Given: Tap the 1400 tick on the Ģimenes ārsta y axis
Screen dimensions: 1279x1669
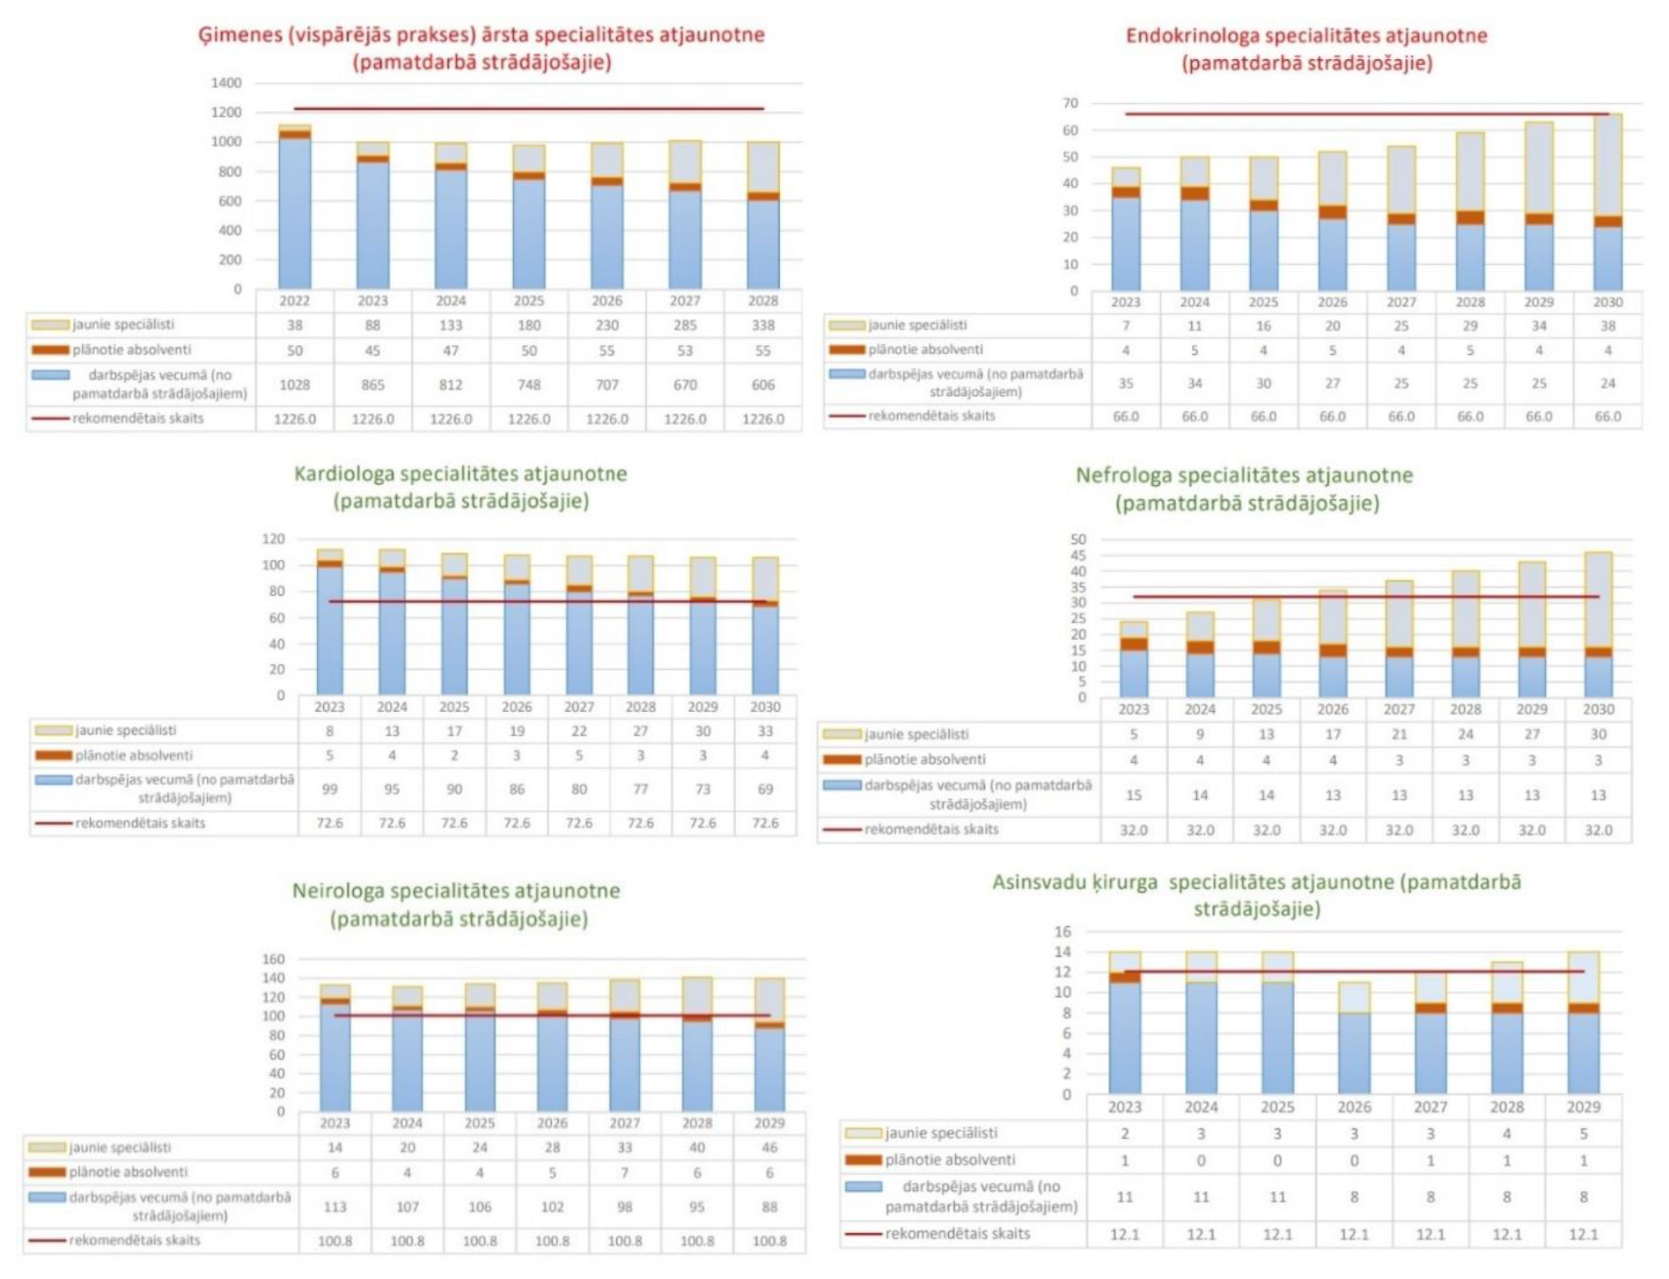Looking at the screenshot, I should coord(226,83).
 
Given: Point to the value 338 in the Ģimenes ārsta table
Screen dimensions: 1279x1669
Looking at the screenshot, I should coord(762,325).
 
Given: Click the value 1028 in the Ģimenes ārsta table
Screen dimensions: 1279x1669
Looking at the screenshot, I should coord(295,385).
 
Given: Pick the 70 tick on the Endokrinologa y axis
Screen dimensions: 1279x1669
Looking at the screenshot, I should coord(1070,104).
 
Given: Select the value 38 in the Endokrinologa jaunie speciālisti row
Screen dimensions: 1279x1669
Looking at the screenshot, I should coord(1607,326).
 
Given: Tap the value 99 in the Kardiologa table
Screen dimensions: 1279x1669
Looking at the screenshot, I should coord(330,789).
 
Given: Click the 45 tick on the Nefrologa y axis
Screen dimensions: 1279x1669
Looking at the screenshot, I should coord(1078,555).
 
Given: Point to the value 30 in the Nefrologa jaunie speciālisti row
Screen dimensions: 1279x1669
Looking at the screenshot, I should coord(1599,734).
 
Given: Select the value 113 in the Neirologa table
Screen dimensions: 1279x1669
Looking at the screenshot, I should coord(335,1206).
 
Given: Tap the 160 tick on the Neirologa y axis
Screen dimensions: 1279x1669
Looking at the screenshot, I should coord(274,959).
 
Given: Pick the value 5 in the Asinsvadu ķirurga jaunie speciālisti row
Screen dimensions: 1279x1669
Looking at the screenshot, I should coord(1583,1134).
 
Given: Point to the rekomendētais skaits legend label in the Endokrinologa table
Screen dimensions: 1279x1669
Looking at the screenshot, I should coord(931,415).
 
